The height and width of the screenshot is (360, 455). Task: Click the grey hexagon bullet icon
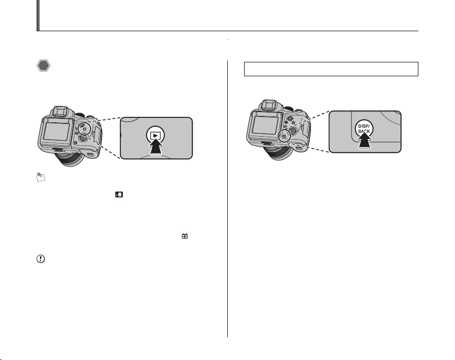[x=44, y=66]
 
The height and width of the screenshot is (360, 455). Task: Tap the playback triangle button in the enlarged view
[x=155, y=135]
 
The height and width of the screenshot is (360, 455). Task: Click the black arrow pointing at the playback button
[x=156, y=146]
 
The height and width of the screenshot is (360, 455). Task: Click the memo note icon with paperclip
[x=41, y=177]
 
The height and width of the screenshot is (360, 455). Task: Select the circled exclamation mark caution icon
[x=41, y=258]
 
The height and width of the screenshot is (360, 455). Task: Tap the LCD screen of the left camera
[x=56, y=131]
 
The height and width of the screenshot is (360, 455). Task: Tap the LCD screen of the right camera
[x=264, y=125]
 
